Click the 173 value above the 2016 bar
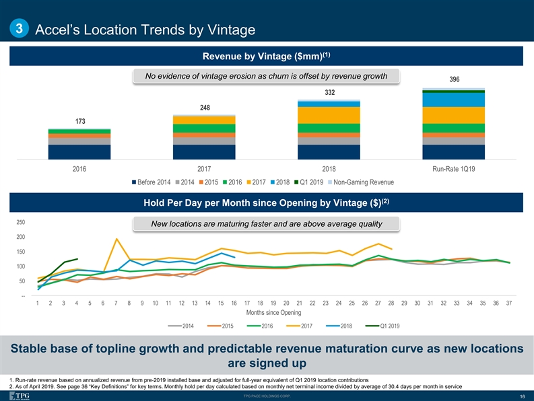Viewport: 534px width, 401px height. pos(79,121)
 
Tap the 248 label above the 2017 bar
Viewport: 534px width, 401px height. pos(204,107)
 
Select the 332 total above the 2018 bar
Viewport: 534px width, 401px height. pos(329,92)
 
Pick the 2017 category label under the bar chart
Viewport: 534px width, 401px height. pos(204,168)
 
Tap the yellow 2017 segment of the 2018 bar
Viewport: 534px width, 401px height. pos(329,115)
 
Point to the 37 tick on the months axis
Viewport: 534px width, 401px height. pos(509,304)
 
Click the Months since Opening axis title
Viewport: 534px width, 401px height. pos(273,313)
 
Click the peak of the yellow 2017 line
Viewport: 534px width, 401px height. pos(117,239)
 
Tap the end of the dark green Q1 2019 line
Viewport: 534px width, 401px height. pos(77,259)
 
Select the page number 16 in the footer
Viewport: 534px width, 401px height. pos(522,396)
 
